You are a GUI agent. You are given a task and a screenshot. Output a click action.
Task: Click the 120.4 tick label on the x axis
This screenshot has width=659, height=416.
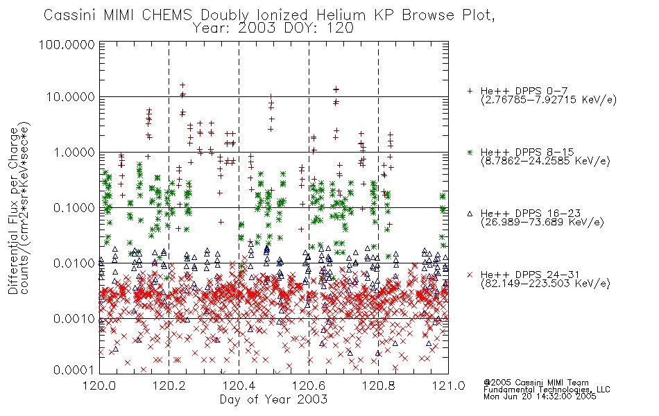(x=239, y=385)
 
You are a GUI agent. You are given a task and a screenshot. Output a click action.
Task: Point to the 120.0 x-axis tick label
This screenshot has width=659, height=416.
(x=100, y=385)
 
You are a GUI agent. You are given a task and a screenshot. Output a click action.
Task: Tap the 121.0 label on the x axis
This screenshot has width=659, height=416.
(x=448, y=385)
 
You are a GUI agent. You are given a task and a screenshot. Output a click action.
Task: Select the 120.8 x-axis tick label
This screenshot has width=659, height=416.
(x=378, y=385)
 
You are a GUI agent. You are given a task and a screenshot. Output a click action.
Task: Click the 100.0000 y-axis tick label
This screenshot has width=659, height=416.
(x=67, y=44)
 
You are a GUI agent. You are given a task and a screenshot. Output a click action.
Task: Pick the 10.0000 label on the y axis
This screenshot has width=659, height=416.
(x=71, y=97)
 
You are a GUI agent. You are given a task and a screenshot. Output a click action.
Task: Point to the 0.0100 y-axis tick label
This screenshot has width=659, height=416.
(x=74, y=263)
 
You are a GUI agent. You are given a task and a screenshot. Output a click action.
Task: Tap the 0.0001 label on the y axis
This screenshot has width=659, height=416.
(x=74, y=370)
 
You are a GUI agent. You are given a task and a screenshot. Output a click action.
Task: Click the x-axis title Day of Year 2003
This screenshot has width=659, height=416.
(x=273, y=399)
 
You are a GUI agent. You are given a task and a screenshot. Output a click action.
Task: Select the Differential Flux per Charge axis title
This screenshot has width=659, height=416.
(x=13, y=211)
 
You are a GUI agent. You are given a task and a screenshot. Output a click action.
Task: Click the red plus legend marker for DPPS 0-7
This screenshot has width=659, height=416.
(x=470, y=91)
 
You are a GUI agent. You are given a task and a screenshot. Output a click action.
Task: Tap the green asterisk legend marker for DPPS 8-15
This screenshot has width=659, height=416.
(x=470, y=152)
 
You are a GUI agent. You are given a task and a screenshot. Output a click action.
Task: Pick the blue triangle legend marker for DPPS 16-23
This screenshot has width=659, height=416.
(x=470, y=214)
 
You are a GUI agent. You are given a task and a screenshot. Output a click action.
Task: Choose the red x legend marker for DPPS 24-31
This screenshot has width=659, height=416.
(x=470, y=275)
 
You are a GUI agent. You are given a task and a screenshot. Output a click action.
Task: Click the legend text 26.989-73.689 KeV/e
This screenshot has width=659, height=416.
(x=542, y=223)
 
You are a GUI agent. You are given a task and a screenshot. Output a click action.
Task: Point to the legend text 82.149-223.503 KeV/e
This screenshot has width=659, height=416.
(x=545, y=284)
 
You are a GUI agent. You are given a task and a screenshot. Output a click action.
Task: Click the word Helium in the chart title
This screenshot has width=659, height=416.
(x=341, y=15)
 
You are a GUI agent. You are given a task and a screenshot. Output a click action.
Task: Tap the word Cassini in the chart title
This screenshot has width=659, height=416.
(x=71, y=15)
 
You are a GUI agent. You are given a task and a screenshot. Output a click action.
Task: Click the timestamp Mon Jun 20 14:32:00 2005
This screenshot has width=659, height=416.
(x=540, y=397)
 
